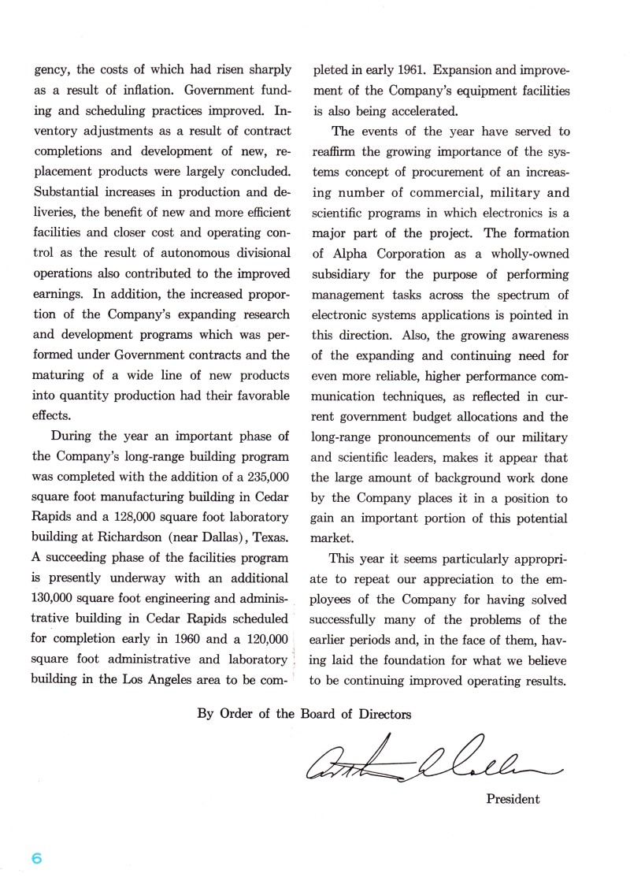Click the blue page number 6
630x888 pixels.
pos(36,858)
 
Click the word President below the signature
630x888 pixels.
pos(513,800)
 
